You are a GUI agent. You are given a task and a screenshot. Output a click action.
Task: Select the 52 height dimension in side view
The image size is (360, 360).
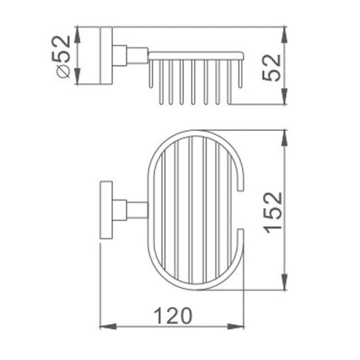[272, 68]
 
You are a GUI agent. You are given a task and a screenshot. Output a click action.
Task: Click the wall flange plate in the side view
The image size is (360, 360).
[106, 56]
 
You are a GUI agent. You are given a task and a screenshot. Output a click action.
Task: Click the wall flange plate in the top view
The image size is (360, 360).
[106, 210]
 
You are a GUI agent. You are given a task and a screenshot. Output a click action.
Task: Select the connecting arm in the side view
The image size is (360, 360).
[137, 56]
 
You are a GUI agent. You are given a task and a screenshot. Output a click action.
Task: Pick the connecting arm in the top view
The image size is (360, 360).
[137, 210]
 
